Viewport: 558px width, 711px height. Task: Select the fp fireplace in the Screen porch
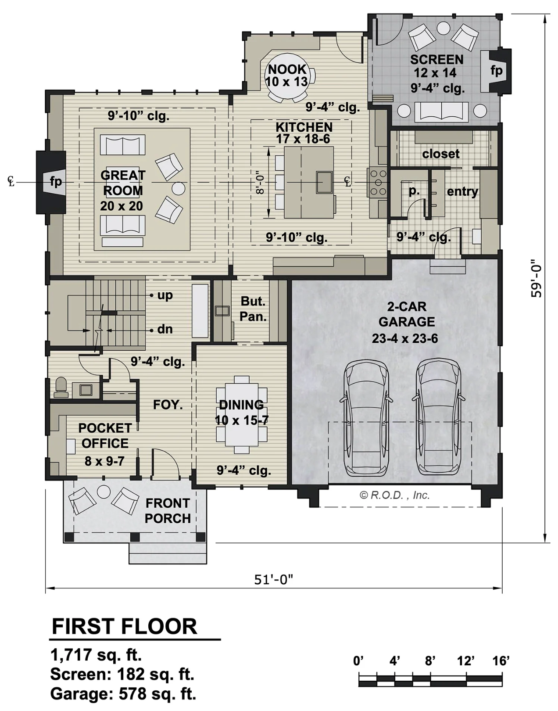pos(496,71)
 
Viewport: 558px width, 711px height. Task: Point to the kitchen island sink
pos(324,182)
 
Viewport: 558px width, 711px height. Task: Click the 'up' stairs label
pos(165,295)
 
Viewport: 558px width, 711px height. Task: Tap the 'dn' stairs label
pos(165,329)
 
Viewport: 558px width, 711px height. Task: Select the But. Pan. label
pos(253,309)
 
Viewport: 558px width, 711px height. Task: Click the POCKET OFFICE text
pos(105,435)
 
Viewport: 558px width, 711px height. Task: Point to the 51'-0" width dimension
pos(273,580)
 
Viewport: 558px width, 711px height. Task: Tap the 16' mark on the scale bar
pos(501,661)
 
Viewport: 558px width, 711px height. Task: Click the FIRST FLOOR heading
pos(125,627)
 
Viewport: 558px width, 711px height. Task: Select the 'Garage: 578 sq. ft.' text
pos(123,694)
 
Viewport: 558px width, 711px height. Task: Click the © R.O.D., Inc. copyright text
pos(394,495)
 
